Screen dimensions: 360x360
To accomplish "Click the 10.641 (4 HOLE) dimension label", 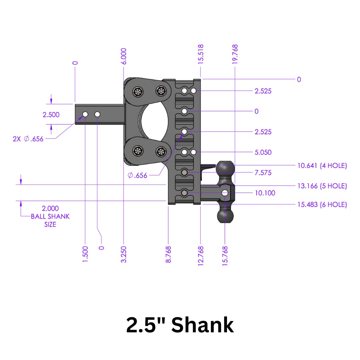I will click(x=322, y=165).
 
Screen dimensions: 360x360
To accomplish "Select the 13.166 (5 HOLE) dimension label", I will click(x=322, y=186).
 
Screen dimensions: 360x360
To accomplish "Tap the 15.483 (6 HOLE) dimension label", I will click(x=322, y=205).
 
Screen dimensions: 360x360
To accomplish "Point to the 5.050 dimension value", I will click(x=263, y=152).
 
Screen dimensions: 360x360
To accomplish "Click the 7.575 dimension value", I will click(x=263, y=173).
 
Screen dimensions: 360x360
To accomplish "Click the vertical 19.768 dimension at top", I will click(x=235, y=54).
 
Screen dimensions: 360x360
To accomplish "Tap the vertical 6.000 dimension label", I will click(x=124, y=56).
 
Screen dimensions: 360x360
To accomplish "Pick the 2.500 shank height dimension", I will click(x=51, y=115).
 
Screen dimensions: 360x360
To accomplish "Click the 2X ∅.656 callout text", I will click(x=28, y=139).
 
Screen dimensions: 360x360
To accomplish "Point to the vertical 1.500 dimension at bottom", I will click(x=85, y=254).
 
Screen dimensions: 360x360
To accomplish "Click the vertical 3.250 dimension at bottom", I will click(x=124, y=254).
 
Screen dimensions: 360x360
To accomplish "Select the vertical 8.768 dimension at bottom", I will click(x=169, y=254).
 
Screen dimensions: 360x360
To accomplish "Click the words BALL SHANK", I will click(x=50, y=216).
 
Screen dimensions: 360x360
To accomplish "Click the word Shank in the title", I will click(x=202, y=325).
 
